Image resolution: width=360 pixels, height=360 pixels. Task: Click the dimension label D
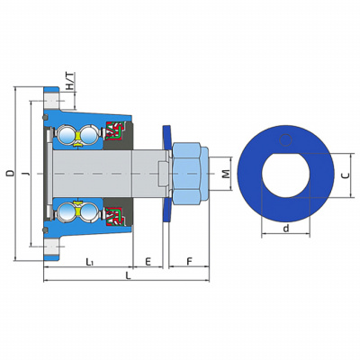[x=11, y=173]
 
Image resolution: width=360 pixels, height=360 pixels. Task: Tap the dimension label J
[x=26, y=174]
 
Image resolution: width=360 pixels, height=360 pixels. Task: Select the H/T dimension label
[x=70, y=81]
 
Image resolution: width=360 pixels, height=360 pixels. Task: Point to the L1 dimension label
[x=89, y=262]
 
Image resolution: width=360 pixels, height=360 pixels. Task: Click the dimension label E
[x=148, y=262]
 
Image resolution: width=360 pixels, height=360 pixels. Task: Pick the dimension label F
[x=189, y=262]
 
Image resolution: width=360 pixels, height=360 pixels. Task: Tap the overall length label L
[x=128, y=275]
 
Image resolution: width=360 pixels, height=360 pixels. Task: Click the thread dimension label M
[x=226, y=174]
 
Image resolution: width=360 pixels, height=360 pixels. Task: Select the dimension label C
[x=346, y=175]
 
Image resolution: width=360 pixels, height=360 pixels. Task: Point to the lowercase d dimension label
[x=286, y=229]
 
